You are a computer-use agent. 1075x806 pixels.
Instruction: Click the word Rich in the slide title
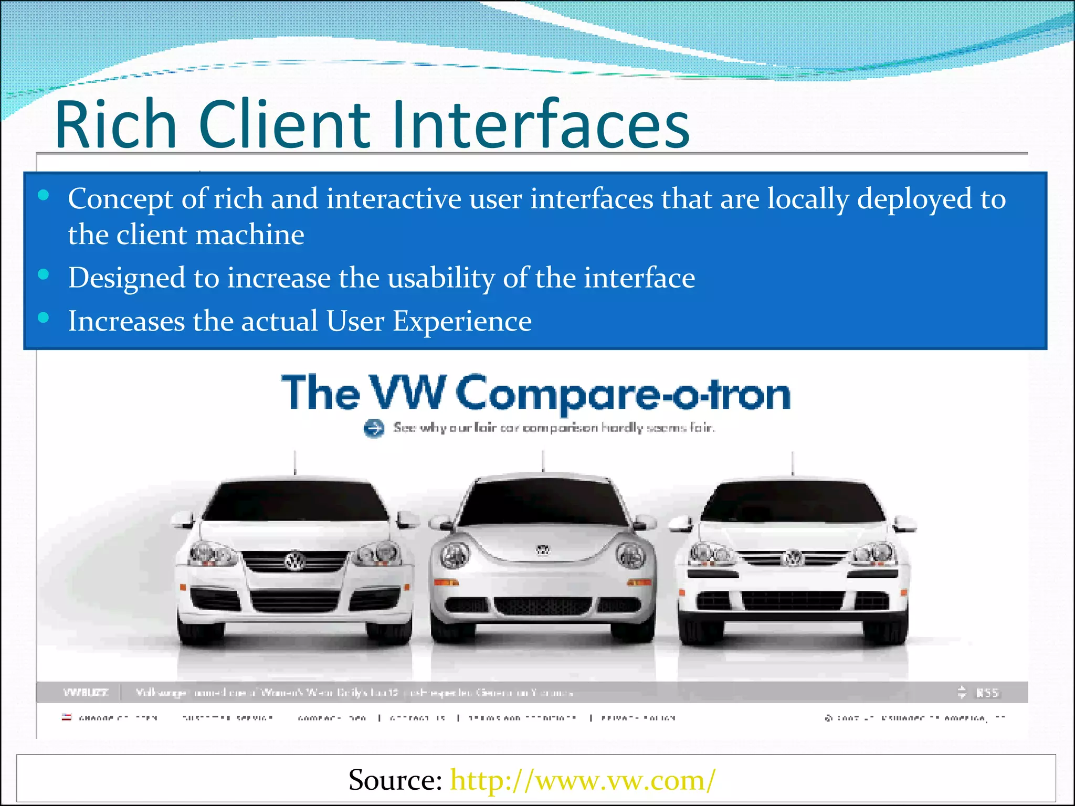[x=116, y=124]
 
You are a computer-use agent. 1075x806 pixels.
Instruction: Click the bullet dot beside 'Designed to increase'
[x=44, y=274]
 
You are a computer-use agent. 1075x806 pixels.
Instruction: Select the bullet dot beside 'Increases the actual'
[x=44, y=317]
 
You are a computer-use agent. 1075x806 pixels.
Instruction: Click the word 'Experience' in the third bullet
[x=462, y=321]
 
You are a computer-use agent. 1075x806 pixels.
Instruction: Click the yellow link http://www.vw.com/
[x=583, y=780]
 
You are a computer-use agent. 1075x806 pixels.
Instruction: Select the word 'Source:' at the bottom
[x=395, y=780]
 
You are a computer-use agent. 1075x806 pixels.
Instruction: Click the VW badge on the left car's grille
[x=294, y=562]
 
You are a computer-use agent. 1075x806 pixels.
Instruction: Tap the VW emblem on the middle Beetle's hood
[x=543, y=550]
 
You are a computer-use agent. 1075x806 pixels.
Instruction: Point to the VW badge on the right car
[x=793, y=558]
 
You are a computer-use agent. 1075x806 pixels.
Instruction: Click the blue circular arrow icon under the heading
[x=374, y=428]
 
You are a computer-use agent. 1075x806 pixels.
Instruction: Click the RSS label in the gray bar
[x=987, y=693]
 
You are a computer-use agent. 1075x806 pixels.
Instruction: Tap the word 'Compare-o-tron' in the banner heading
[x=623, y=394]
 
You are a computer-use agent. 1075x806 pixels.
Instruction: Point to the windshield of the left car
[x=295, y=501]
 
